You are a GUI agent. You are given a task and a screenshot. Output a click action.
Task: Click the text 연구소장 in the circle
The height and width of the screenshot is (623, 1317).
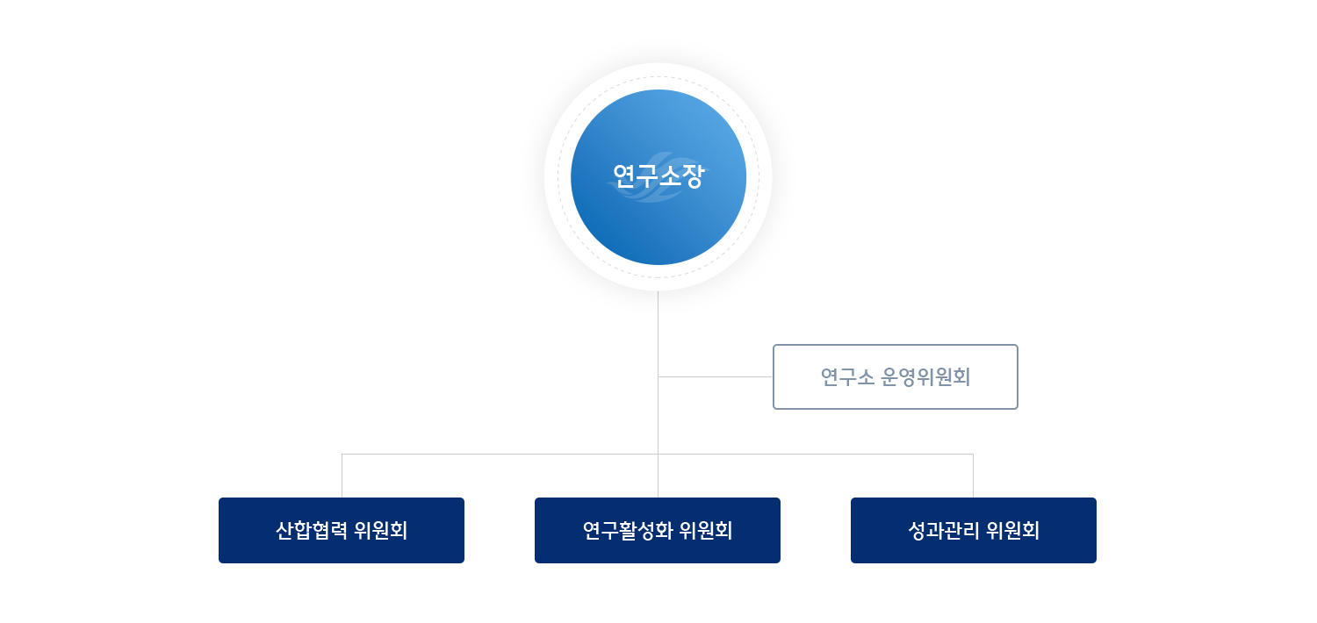pyautogui.click(x=658, y=178)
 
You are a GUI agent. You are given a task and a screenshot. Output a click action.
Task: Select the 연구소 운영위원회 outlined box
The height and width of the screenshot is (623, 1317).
pyautogui.click(x=895, y=376)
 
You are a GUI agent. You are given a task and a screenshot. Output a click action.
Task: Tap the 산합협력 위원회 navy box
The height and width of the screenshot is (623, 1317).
pyautogui.click(x=341, y=530)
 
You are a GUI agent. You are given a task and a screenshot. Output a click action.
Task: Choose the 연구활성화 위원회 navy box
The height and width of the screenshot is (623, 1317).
pyautogui.click(x=658, y=530)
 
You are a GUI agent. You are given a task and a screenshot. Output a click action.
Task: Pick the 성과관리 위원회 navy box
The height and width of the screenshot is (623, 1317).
pyautogui.click(x=974, y=530)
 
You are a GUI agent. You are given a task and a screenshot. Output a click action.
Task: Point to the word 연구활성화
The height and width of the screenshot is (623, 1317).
pyautogui.click(x=627, y=531)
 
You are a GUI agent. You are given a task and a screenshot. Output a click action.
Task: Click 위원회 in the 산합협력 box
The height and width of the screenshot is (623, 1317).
pyautogui.click(x=381, y=531)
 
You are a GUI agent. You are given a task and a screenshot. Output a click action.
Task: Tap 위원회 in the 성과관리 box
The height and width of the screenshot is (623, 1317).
pyautogui.click(x=1013, y=531)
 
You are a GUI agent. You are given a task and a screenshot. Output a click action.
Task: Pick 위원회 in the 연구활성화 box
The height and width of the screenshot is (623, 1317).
pyautogui.click(x=707, y=531)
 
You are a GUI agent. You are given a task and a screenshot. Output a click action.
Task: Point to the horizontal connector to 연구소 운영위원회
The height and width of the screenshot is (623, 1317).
pyautogui.click(x=716, y=376)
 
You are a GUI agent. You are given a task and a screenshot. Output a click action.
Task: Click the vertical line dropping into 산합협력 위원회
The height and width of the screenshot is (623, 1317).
pyautogui.click(x=342, y=475)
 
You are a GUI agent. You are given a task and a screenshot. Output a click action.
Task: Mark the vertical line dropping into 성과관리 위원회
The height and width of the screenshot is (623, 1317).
pyautogui.click(x=973, y=475)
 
